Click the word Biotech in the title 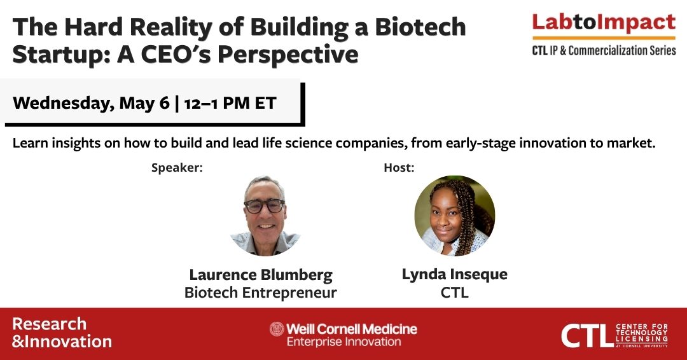tap(420, 27)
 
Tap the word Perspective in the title tap(288, 55)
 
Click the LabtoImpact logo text tap(604, 23)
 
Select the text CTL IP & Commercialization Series tap(604, 50)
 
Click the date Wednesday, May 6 tap(91, 104)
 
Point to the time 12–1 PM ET tap(230, 104)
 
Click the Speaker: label tap(177, 168)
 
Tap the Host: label tap(399, 168)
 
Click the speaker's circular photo tap(265, 216)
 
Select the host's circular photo tap(455, 216)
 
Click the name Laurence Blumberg tap(261, 275)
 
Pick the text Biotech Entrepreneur tap(261, 293)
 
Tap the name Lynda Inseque tap(455, 275)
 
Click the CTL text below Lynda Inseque tap(455, 293)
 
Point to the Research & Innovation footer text tap(62, 333)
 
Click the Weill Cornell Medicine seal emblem tap(277, 329)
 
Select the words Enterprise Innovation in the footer tap(344, 342)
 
